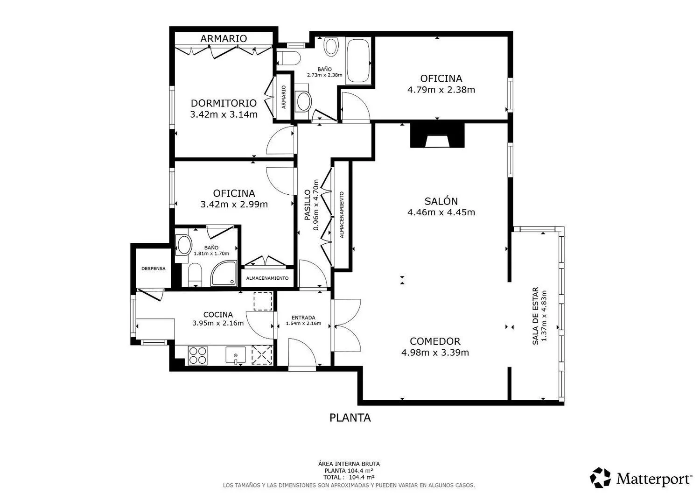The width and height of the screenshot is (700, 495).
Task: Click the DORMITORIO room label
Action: tap(224, 103)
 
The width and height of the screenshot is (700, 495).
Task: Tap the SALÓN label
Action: tap(441, 201)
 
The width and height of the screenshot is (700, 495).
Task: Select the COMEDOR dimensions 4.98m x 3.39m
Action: tap(435, 353)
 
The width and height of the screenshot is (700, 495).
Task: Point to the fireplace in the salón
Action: tap(437, 135)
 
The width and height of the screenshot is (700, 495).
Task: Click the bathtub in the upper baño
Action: tap(358, 61)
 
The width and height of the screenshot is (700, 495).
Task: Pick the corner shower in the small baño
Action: tap(224, 274)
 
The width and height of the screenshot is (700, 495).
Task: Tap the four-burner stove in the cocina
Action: tap(197, 355)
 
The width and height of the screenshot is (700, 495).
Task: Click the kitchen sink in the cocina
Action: tap(236, 355)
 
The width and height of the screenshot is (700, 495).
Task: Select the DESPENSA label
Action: tap(154, 269)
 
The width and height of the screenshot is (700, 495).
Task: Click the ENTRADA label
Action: tap(303, 318)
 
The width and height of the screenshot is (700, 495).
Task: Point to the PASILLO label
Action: tap(308, 205)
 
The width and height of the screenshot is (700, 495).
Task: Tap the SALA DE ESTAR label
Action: tap(535, 316)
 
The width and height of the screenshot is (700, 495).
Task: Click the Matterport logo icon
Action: tap(600, 478)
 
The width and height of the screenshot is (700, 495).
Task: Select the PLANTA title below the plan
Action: tap(350, 418)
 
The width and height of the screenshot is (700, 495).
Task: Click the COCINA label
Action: tap(218, 315)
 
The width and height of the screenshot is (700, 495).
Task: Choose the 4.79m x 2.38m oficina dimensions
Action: tap(441, 90)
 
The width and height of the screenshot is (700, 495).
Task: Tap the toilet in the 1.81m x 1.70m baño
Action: tap(195, 275)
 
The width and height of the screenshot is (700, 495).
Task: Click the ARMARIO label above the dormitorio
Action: tap(224, 38)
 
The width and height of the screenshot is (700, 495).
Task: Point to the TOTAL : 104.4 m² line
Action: tap(349, 477)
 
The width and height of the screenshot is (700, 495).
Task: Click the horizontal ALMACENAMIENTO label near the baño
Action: tap(267, 278)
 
